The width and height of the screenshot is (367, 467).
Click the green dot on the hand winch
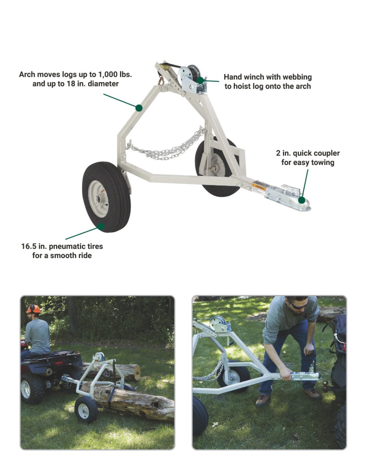(200, 81)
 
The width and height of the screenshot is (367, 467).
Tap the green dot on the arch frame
(139, 108)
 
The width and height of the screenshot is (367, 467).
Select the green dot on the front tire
(101, 226)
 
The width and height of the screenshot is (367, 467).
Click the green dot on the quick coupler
(302, 200)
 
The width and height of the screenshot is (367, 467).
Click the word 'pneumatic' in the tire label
(68, 246)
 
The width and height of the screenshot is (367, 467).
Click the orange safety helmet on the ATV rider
(33, 309)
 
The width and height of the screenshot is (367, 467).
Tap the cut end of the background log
(137, 372)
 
